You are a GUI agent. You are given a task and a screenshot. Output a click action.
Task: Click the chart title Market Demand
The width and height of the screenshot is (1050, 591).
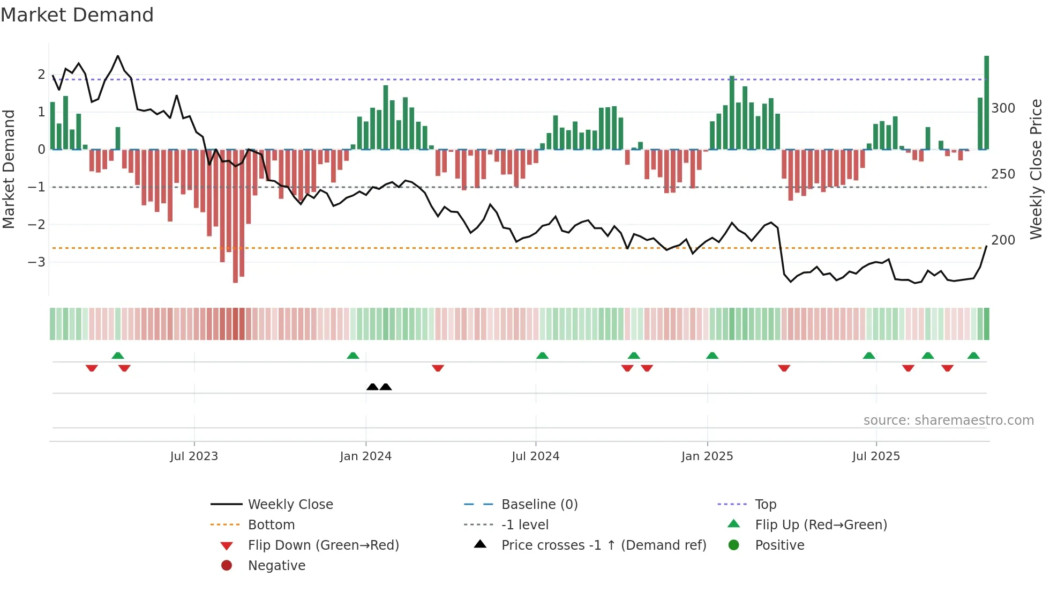(77, 15)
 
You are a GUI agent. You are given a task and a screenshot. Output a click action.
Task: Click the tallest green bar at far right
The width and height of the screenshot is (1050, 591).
(986, 102)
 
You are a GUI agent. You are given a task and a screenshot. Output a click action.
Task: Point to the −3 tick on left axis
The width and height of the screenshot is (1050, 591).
(37, 262)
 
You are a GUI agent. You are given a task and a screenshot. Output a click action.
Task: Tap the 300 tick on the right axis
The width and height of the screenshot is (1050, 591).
(1003, 108)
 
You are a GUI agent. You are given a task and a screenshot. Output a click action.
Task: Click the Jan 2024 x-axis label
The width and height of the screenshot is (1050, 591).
(365, 456)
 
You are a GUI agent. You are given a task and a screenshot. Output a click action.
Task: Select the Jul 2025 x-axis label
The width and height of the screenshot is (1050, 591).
(876, 456)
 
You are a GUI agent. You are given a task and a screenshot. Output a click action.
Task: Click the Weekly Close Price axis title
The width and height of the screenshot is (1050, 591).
(1036, 169)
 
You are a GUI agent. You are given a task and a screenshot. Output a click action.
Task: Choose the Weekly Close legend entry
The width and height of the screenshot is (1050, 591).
(290, 505)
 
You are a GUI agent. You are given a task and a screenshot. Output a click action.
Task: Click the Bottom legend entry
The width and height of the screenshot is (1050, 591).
(271, 525)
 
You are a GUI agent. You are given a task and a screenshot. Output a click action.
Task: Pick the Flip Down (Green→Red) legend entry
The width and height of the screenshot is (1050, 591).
(323, 545)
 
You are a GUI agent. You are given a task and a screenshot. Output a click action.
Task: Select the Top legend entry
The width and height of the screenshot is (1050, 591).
(765, 505)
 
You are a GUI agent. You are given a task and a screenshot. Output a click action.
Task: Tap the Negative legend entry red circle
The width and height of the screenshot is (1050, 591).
(227, 566)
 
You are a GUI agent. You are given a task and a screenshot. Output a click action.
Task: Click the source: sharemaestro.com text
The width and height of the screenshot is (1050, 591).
(948, 420)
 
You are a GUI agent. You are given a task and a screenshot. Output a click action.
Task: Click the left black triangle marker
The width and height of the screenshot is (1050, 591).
(372, 387)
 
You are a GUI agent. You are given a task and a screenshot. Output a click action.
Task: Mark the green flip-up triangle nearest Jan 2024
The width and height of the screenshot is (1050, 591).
(352, 356)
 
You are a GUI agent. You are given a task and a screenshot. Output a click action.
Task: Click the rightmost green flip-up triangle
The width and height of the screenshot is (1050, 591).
(973, 356)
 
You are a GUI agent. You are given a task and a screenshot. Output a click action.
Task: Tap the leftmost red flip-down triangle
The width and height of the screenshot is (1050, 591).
(92, 368)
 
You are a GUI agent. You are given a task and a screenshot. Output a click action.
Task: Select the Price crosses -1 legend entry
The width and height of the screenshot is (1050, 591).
(603, 545)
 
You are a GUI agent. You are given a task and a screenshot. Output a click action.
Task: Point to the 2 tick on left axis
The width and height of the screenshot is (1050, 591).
(41, 75)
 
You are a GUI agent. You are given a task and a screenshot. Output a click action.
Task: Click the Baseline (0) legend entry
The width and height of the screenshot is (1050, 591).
(539, 505)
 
